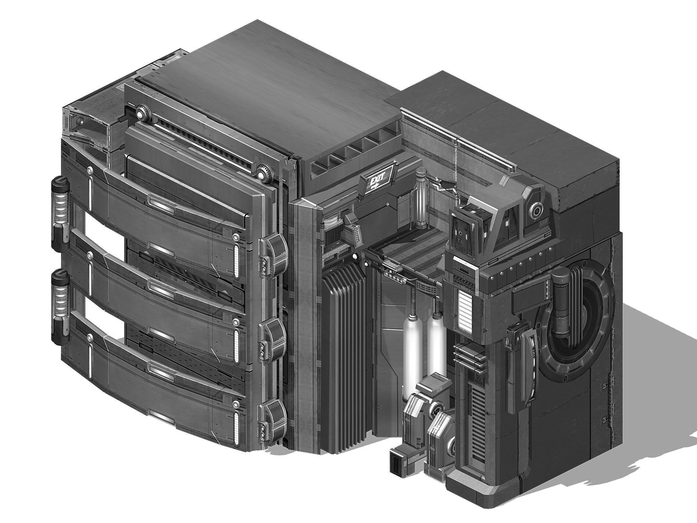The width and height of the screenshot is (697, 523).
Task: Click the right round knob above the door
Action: [x=266, y=173]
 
